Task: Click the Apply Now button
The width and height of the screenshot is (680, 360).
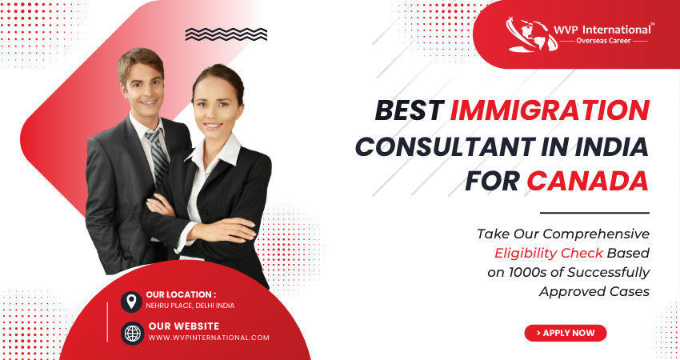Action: tap(565, 333)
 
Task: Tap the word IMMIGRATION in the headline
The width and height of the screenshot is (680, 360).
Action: tap(550, 110)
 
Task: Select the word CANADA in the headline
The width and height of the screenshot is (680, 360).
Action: tap(588, 181)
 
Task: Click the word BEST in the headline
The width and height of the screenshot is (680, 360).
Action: tap(410, 110)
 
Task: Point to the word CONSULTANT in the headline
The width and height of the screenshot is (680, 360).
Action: tap(445, 146)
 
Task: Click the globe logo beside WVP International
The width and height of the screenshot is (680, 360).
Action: tap(532, 34)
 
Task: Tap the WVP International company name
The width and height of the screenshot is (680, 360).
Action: tap(602, 30)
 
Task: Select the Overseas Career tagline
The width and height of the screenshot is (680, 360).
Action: tap(603, 41)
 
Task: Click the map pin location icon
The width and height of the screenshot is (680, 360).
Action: tap(131, 302)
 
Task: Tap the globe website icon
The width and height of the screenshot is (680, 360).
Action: tap(132, 333)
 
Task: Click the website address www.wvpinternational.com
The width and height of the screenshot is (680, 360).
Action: tap(209, 338)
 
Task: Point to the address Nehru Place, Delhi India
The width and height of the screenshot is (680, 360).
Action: tap(190, 306)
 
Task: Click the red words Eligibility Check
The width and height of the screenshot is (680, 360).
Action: tap(549, 254)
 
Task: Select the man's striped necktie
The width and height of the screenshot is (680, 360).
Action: tap(157, 154)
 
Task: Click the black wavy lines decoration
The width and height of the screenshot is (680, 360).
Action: tap(226, 34)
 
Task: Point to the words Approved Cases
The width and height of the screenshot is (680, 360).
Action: tap(594, 291)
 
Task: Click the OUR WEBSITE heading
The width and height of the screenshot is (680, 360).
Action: tap(184, 326)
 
